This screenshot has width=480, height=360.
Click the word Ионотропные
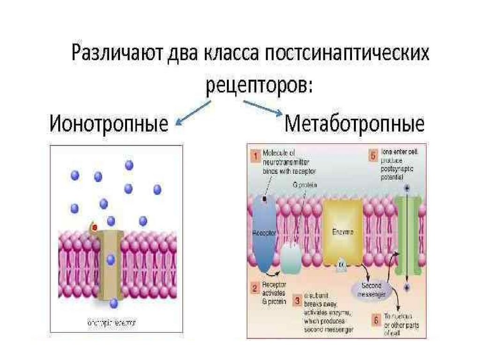[x=109, y=125]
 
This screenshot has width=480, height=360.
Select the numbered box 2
[x=255, y=287]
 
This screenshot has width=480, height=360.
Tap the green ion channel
[x=407, y=234]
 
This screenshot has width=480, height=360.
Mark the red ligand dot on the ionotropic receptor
[x=95, y=228]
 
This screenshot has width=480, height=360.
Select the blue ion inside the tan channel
[x=111, y=259]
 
